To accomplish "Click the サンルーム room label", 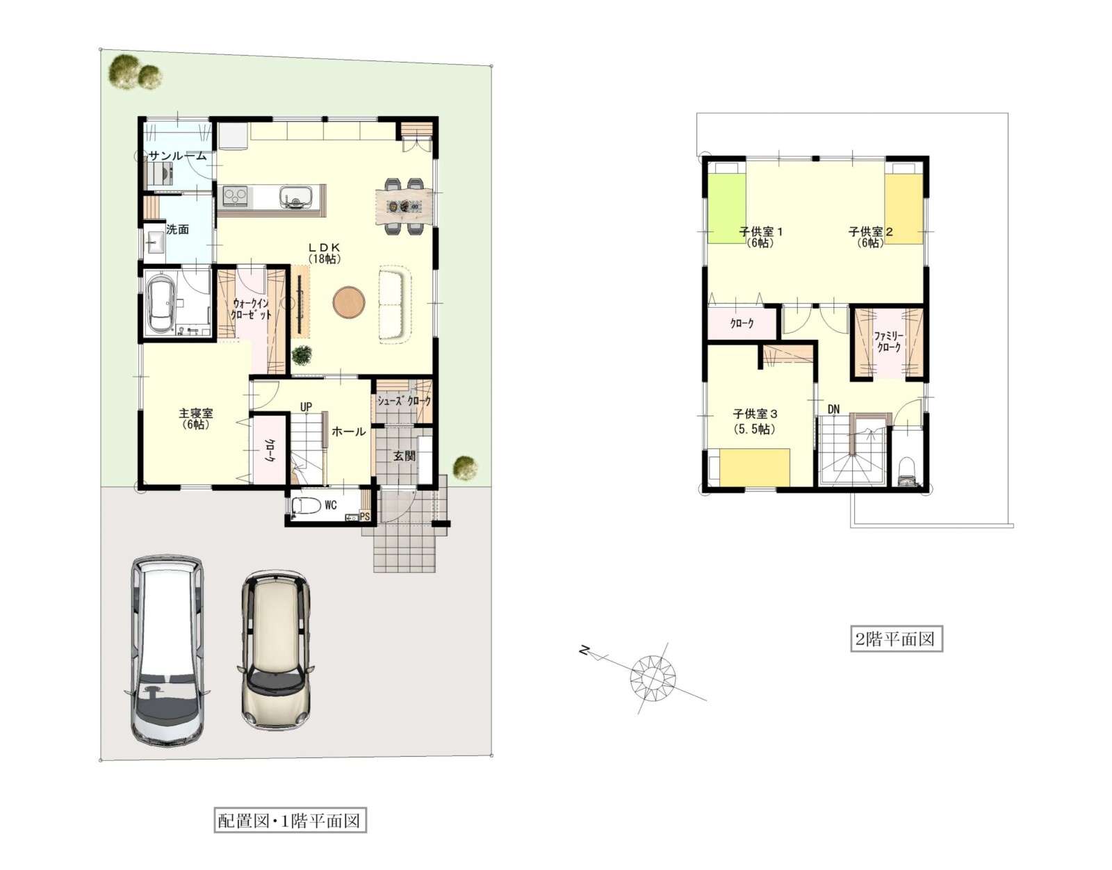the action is point(177,156).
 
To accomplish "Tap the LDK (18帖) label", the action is point(325,253).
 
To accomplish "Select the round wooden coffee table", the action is point(349,302).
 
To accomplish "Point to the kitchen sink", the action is point(295,197).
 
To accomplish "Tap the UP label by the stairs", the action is point(306,407).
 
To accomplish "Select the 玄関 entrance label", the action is point(404,456).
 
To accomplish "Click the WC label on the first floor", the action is point(331,505).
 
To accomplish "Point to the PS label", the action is point(365,516).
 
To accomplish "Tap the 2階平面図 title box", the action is point(896,639).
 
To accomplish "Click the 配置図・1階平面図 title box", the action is point(290,821).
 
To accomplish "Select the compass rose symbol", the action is point(653,678).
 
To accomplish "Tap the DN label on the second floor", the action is point(833,409).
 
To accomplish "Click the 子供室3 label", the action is point(755,421).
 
